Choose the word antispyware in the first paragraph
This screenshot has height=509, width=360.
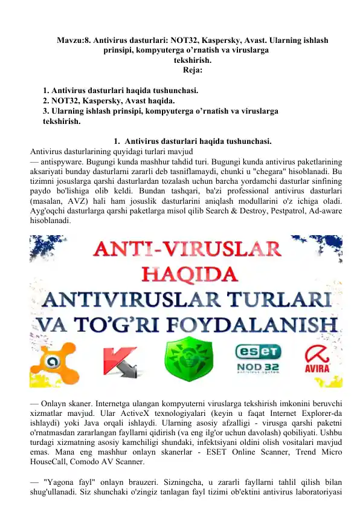coord(64,163)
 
